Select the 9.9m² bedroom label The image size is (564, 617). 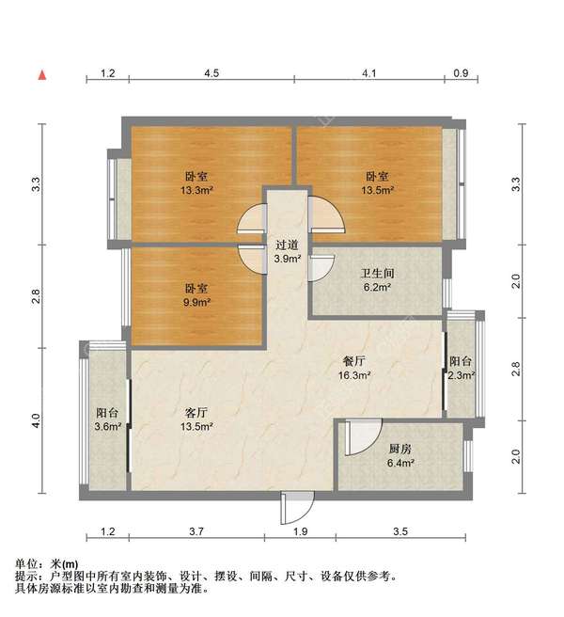pyautogui.click(x=196, y=290)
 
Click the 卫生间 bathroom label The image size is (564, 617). pyautogui.click(x=376, y=274)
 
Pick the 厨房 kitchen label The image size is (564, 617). pyautogui.click(x=400, y=449)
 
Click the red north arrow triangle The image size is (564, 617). pyautogui.click(x=41, y=74)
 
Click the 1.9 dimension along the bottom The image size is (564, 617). pyautogui.click(x=300, y=533)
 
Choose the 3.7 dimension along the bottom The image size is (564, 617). pyautogui.click(x=196, y=533)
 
